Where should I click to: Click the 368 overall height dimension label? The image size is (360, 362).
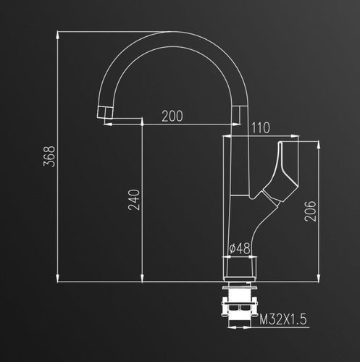tap(49, 156)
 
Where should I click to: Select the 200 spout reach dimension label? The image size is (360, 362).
tap(172, 116)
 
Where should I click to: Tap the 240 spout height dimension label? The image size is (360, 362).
tap(134, 200)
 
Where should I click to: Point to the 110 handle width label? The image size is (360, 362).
tap(261, 128)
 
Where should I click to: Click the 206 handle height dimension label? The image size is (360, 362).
tap(310, 211)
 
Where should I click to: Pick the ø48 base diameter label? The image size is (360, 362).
tap(240, 248)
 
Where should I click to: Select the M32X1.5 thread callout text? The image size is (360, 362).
tap(283, 319)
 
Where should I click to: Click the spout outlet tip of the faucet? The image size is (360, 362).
tap(105, 112)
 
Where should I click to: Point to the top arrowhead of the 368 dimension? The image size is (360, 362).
tap(57, 35)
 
